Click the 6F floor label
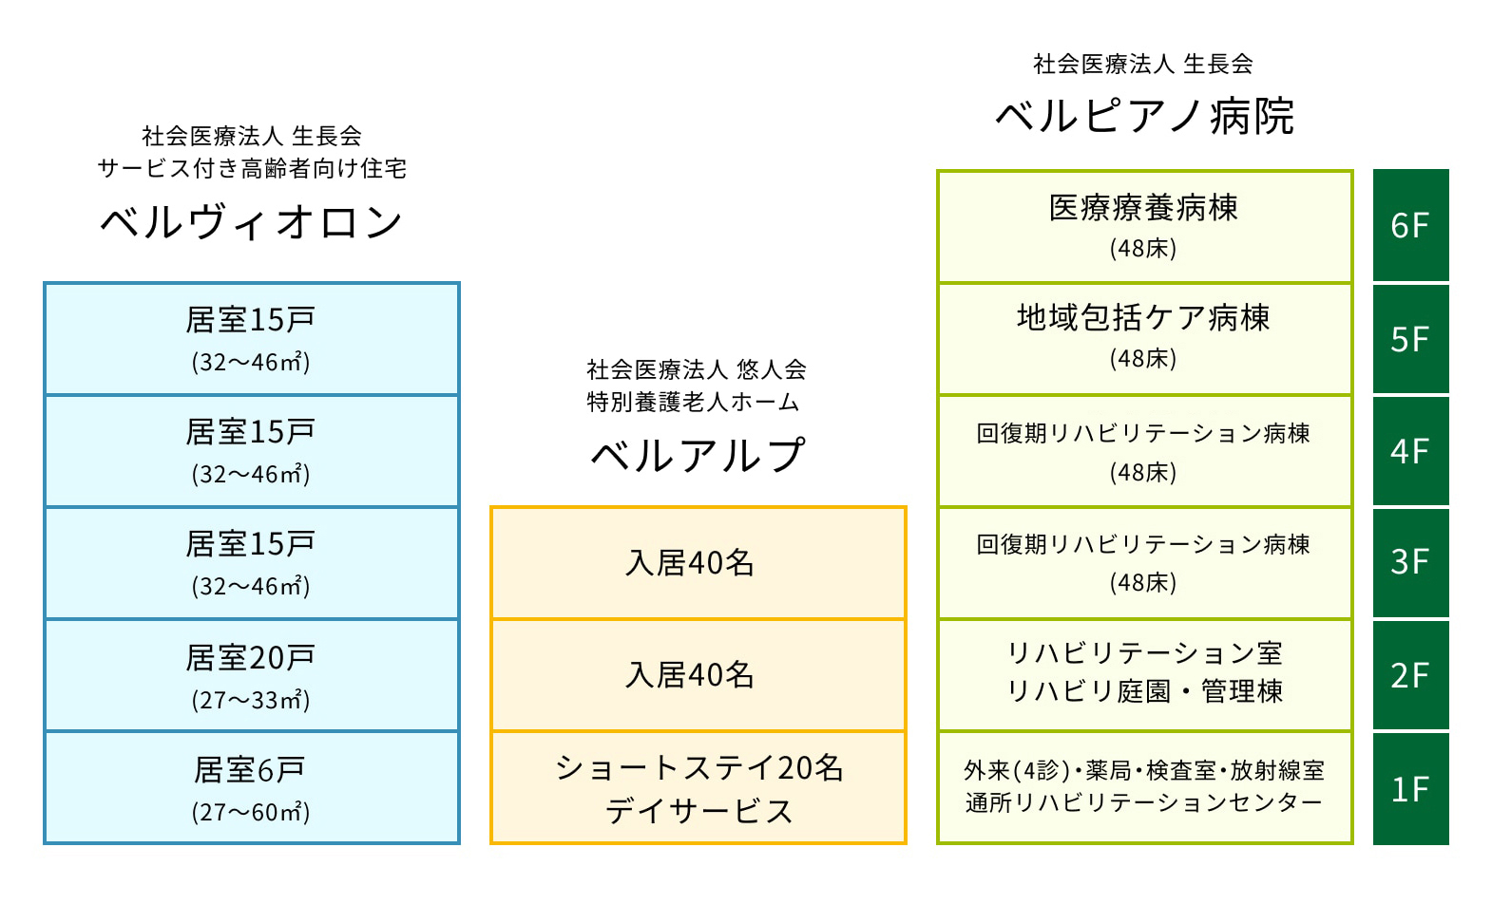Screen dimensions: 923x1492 [1410, 226]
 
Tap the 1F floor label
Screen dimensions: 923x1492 [1410, 789]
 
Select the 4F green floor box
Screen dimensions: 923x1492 [1410, 451]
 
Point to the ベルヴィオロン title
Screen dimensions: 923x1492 [252, 223]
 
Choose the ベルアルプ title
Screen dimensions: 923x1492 [698, 456]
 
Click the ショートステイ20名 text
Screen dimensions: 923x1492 [698, 767]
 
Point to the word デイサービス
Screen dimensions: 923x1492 [698, 811]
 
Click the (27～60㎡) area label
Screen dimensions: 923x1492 [251, 813]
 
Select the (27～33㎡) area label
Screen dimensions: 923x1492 [251, 701]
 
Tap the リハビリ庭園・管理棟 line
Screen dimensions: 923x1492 [1144, 691]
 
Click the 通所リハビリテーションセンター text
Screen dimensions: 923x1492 [1144, 803]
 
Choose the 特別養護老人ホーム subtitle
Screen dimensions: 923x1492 [694, 403]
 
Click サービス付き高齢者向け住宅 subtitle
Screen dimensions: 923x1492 [252, 169]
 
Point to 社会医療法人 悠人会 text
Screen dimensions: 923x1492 [696, 369]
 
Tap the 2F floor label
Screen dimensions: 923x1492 [1410, 675]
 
